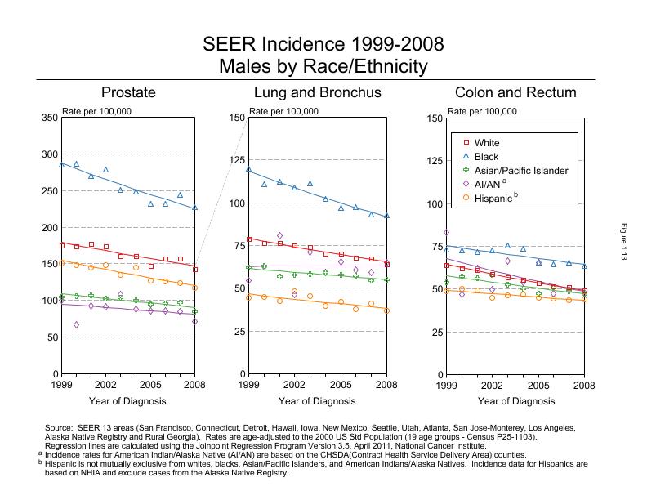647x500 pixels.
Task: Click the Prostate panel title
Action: coord(128,92)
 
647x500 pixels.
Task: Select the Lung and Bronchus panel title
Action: coord(317,92)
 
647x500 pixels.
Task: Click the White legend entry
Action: coord(487,143)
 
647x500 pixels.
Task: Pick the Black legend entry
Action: coord(487,157)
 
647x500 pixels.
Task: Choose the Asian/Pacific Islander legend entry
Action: coord(515,171)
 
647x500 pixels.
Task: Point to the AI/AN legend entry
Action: coord(489,184)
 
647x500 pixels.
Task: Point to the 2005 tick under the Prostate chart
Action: coord(150,384)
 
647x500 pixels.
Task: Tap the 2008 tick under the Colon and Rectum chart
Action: coord(584,384)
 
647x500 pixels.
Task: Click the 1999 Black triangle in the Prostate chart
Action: coord(62,164)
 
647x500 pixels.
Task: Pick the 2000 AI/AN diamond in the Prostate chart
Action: coord(77,324)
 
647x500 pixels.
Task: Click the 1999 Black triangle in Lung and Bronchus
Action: coord(248,169)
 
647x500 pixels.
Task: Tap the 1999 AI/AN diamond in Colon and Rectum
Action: coord(447,233)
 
